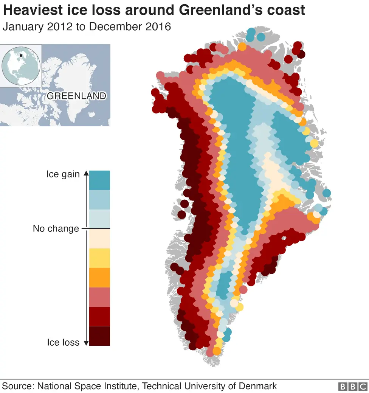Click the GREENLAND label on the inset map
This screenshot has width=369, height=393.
[x=76, y=96]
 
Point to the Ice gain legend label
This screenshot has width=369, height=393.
[x=63, y=174]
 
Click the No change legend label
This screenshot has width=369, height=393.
[x=56, y=228]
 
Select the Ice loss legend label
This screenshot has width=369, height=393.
[x=63, y=342]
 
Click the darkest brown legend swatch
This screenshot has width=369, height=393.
[x=99, y=336]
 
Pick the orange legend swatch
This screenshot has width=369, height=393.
[x=99, y=277]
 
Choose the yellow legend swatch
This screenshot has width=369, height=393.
[x=99, y=258]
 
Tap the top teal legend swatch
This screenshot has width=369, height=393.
[x=99, y=180]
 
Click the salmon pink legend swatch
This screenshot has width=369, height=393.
[x=99, y=297]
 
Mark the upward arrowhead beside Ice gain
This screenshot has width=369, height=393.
[x=86, y=173]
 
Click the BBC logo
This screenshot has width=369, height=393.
[x=352, y=387]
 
